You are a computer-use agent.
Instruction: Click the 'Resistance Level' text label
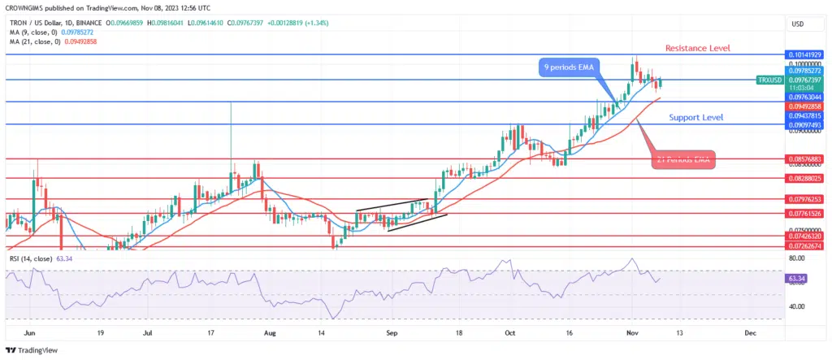point(697,48)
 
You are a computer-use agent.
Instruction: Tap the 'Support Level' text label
point(696,118)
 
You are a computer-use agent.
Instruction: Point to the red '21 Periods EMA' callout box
point(683,160)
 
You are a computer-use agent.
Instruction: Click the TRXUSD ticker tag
point(769,80)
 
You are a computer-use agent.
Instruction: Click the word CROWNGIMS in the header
point(24,7)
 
